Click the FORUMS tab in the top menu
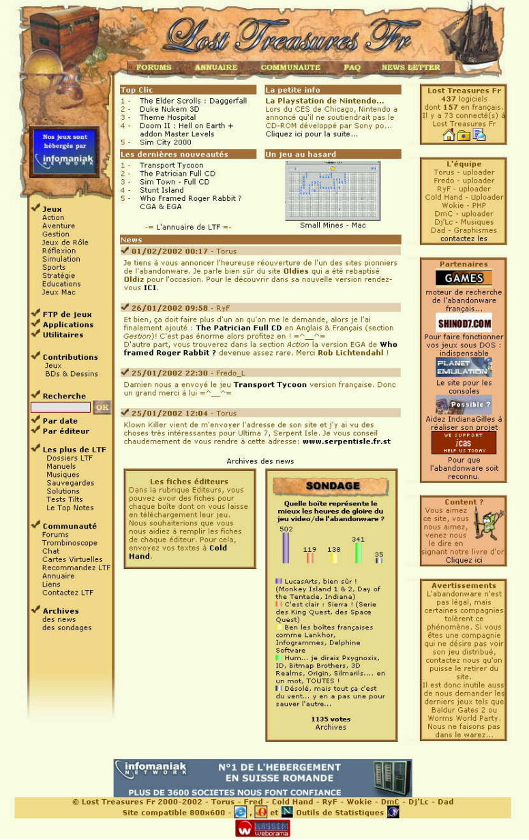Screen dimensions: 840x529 click(x=153, y=67)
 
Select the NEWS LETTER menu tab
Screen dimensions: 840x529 click(x=410, y=67)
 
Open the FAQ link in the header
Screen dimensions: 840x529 click(x=352, y=67)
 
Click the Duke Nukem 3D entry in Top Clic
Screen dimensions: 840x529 click(x=169, y=109)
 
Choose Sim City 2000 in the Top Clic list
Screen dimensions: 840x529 click(x=165, y=142)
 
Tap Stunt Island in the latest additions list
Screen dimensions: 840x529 click(x=162, y=190)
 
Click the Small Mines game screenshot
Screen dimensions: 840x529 click(x=333, y=191)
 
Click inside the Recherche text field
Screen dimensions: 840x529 click(x=61, y=407)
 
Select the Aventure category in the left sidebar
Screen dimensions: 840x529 click(x=59, y=226)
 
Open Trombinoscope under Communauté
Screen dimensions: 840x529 click(x=70, y=543)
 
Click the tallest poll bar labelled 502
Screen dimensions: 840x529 click(x=286, y=548)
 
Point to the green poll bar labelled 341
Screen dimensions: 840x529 click(x=358, y=553)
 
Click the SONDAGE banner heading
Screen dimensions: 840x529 click(x=331, y=486)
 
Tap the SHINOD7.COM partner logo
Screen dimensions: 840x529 click(x=464, y=322)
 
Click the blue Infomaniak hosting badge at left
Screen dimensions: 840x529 click(x=64, y=151)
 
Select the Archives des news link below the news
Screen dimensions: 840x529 click(x=260, y=461)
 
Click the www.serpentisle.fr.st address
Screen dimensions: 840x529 click(x=346, y=441)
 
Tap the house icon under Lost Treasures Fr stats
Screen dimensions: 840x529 click(x=449, y=135)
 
